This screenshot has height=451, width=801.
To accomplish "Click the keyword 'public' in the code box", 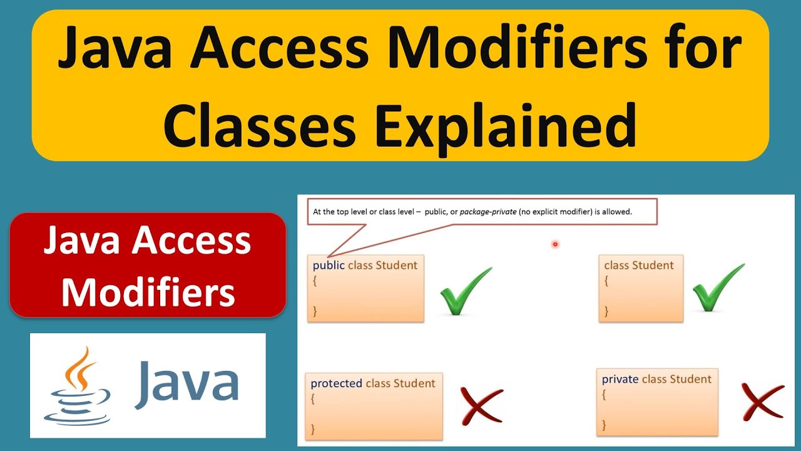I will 329,265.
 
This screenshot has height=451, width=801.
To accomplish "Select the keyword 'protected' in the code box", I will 337,383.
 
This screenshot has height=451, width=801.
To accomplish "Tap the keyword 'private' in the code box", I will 620,379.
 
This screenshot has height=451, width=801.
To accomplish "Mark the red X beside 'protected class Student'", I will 481,404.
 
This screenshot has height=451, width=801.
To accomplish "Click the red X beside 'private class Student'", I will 762,402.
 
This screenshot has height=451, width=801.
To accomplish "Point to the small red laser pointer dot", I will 555,244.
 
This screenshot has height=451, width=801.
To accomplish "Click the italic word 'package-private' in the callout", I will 488,212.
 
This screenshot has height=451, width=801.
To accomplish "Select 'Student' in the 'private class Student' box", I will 691,379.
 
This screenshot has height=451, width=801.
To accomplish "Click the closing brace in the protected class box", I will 313,429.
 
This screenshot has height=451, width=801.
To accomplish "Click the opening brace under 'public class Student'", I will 315,281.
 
